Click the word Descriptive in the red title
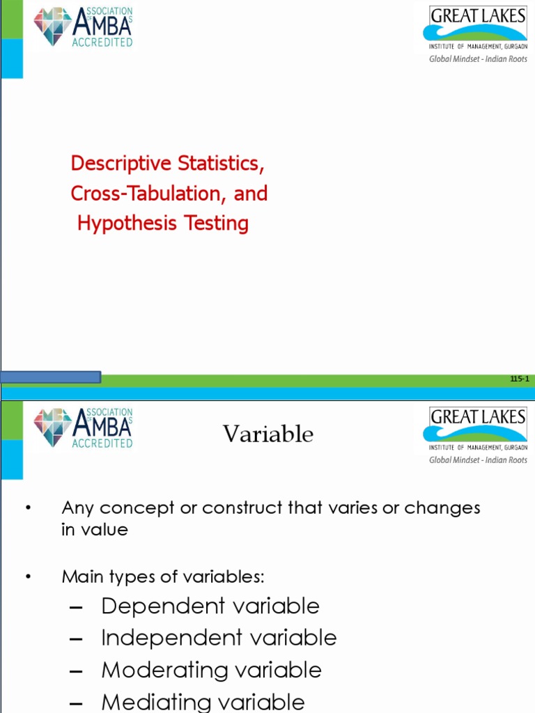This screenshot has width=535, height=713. [x=121, y=164]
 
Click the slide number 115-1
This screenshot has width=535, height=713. [x=520, y=379]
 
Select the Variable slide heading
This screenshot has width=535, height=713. [x=268, y=434]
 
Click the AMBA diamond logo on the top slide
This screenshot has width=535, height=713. [x=52, y=26]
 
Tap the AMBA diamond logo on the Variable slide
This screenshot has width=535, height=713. [x=52, y=427]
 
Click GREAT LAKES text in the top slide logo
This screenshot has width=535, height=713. [x=478, y=16]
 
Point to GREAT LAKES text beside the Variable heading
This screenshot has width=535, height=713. [x=478, y=416]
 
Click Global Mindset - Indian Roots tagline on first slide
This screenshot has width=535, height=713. [x=478, y=59]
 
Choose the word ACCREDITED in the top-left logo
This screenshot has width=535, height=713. [x=102, y=42]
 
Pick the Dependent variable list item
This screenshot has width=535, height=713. [x=210, y=606]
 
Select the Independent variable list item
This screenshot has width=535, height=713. [x=219, y=638]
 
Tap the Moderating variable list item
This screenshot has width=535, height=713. [x=211, y=671]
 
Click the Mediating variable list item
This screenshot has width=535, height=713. [x=203, y=702]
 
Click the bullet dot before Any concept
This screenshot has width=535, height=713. [x=29, y=508]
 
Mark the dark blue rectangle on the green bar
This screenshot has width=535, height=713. [x=51, y=377]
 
